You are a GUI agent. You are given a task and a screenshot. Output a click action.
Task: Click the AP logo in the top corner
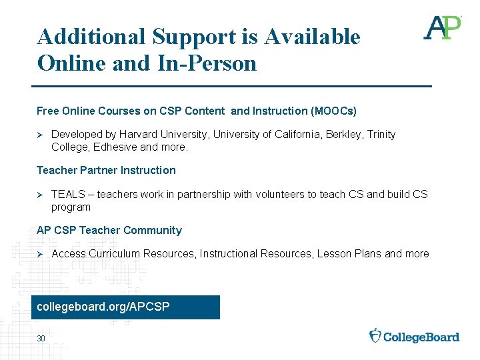(x=442, y=28)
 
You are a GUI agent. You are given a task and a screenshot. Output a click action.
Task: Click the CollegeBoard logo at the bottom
(x=414, y=336)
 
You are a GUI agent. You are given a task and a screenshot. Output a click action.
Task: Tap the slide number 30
(x=41, y=339)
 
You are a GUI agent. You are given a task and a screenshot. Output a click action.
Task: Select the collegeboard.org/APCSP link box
(x=125, y=307)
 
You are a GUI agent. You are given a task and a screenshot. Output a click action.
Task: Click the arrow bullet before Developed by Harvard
(x=40, y=135)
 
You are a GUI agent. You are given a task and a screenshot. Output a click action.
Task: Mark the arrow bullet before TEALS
(x=40, y=195)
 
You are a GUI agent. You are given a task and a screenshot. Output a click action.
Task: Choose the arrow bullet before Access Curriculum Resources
(x=40, y=254)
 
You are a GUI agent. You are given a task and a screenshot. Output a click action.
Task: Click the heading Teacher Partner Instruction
(x=106, y=171)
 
